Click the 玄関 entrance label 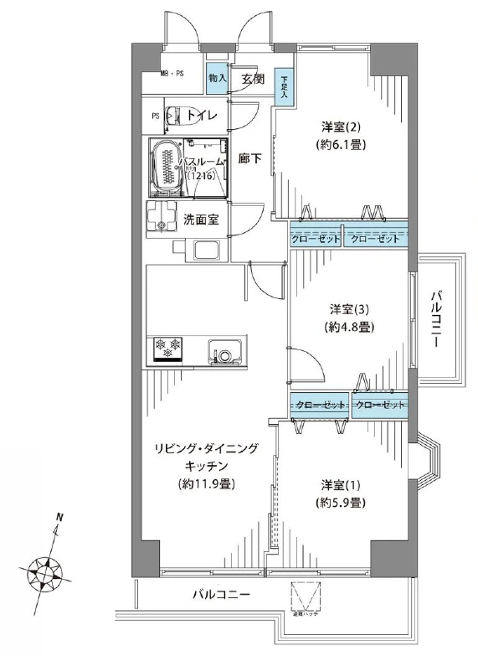pyautogui.click(x=253, y=80)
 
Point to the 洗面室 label pyautogui.click(x=201, y=220)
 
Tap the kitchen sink pyautogui.click(x=225, y=353)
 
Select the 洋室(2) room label pyautogui.click(x=342, y=127)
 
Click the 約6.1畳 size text pyautogui.click(x=342, y=144)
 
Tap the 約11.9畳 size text pyautogui.click(x=205, y=483)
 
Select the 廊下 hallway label pyautogui.click(x=249, y=158)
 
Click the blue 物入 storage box pyautogui.click(x=217, y=78)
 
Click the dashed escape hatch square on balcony pyautogui.click(x=306, y=597)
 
